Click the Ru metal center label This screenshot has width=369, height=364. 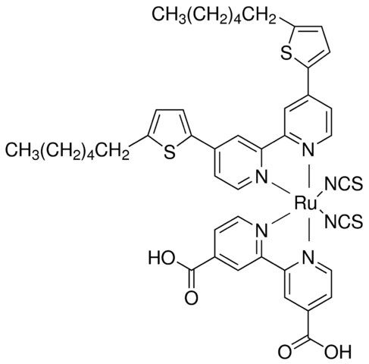pyautogui.click(x=305, y=203)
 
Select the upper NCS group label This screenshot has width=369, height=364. pyautogui.click(x=343, y=184)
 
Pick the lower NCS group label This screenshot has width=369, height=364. pyautogui.click(x=343, y=221)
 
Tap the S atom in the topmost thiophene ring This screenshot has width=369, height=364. pyautogui.click(x=286, y=53)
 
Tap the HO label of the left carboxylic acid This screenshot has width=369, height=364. pyautogui.click(x=162, y=258)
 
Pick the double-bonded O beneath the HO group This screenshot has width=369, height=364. pyautogui.click(x=191, y=298)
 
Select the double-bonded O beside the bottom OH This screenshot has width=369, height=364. pyautogui.click(x=285, y=351)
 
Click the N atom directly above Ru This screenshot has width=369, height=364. pyautogui.click(x=308, y=149)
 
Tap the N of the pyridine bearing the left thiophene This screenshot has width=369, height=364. pyautogui.click(x=261, y=177)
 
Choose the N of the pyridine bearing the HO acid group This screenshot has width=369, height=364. pyautogui.click(x=261, y=230)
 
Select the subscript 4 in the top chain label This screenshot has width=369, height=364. pyautogui.click(x=238, y=20)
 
